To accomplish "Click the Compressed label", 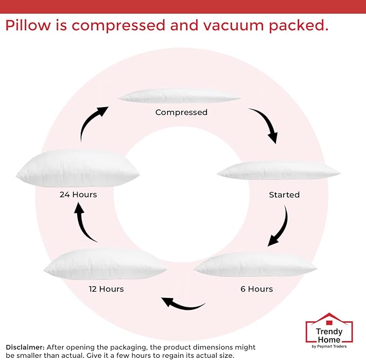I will pos(181,113).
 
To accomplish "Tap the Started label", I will pos(284,195).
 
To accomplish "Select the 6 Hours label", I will pos(257,289).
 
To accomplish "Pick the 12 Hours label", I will pos(106,289).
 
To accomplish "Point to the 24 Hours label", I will pos(78,195).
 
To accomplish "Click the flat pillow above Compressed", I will pos(179,96).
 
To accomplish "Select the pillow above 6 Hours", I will pos(255,265).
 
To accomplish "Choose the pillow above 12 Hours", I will pos(105,264).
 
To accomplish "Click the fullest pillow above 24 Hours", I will pos(78,168).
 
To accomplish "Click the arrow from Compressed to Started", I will pos(265,124).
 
